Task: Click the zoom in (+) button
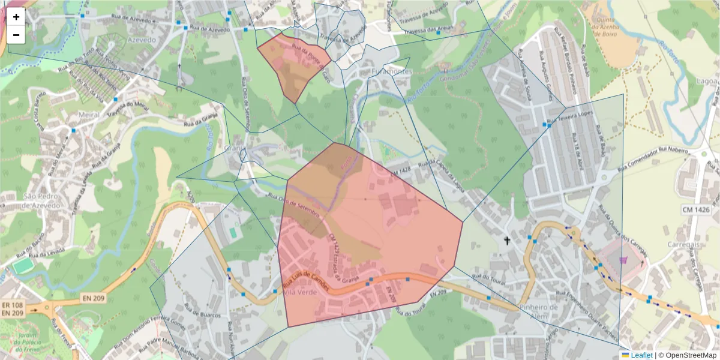click(x=16, y=17)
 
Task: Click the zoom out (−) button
click(x=16, y=35)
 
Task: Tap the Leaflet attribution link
click(x=641, y=355)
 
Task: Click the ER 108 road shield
click(x=12, y=304)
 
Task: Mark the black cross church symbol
click(x=507, y=241)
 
